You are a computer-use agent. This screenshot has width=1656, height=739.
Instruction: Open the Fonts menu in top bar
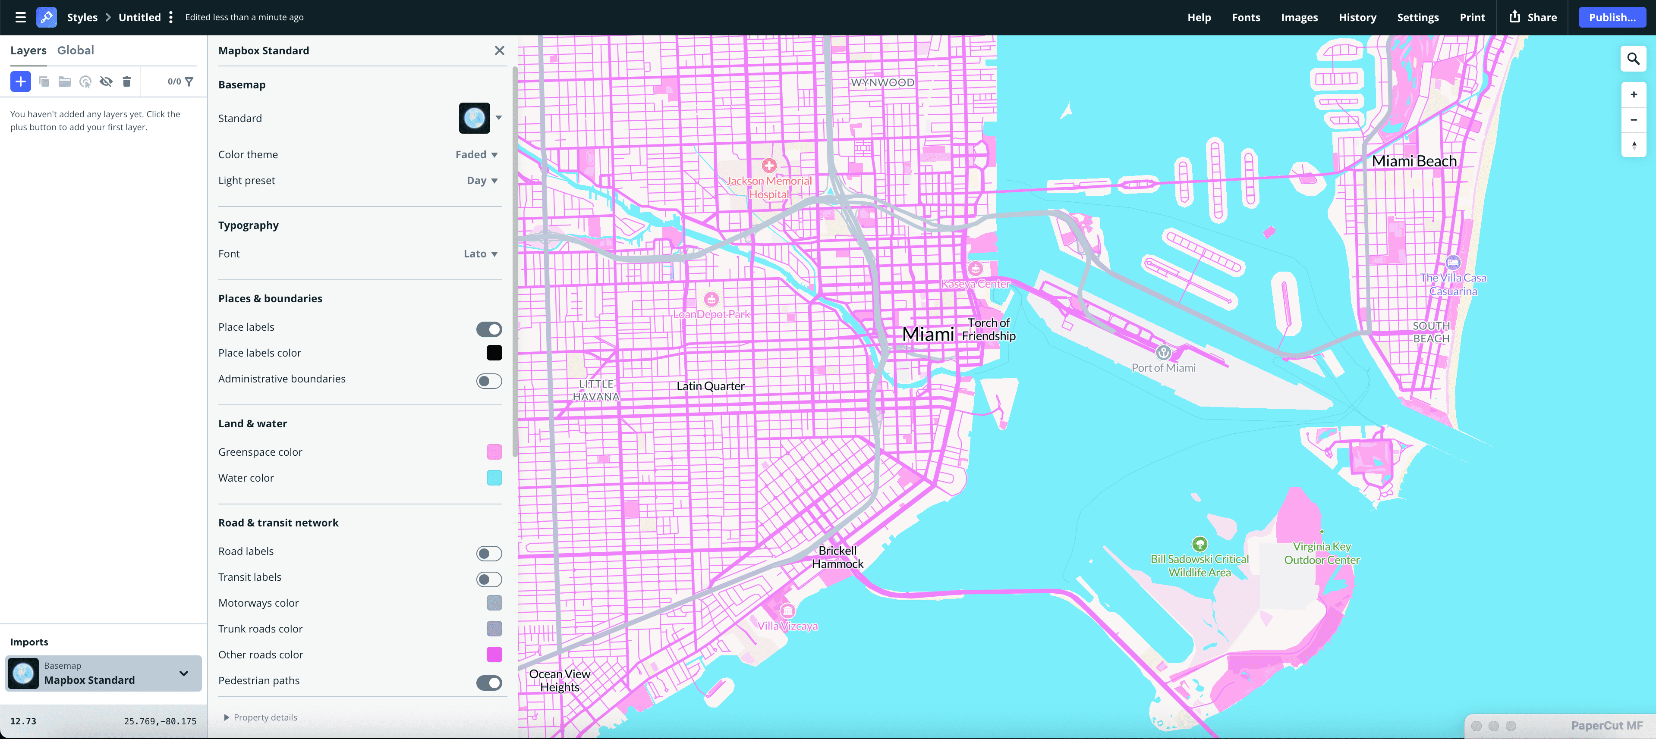[x=1245, y=17]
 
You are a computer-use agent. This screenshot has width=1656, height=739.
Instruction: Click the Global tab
[x=75, y=50]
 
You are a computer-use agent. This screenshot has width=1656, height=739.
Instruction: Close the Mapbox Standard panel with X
[x=499, y=50]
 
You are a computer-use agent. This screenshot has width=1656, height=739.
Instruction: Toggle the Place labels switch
[x=488, y=329]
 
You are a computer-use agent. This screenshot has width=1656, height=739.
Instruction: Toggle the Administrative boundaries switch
[x=488, y=381]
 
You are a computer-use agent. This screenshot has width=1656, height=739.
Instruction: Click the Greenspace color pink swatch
[x=494, y=452]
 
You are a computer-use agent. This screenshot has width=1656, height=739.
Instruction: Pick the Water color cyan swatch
[x=494, y=477]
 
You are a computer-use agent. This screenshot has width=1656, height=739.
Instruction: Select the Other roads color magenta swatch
[x=494, y=654]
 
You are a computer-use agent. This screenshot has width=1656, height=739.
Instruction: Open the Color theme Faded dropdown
[x=476, y=154]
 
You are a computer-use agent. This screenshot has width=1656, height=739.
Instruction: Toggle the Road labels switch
[x=488, y=553]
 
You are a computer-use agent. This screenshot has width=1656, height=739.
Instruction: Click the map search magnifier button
[x=1633, y=59]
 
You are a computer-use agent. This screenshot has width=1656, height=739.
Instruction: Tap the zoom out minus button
[x=1633, y=119]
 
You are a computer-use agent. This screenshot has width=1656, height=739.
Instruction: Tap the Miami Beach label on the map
[x=1414, y=161]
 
